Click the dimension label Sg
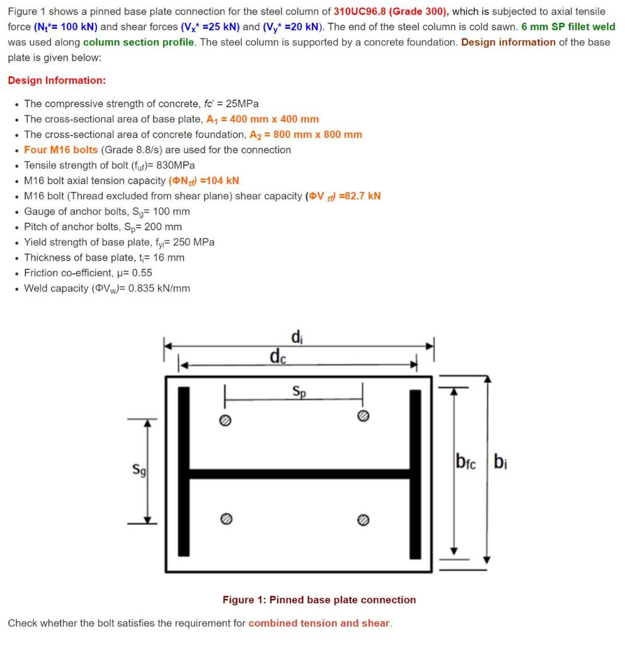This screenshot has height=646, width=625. point(136,469)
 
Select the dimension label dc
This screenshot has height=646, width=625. point(277,356)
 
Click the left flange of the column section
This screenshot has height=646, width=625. point(183,473)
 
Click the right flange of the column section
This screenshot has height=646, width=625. point(415,473)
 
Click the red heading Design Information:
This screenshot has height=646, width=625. point(57,80)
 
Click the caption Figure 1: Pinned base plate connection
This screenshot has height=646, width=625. point(319,599)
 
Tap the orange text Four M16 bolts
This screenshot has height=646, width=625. point(60,150)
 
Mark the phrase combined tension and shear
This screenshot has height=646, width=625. point(319,623)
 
